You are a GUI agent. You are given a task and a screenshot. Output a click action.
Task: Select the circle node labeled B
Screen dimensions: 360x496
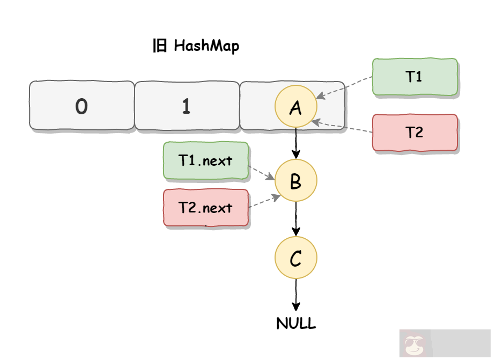pyautogui.click(x=295, y=181)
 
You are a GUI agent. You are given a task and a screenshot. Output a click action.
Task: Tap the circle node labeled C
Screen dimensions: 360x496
pyautogui.click(x=295, y=259)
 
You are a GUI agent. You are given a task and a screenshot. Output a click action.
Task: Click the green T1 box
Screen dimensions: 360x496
pyautogui.click(x=414, y=77)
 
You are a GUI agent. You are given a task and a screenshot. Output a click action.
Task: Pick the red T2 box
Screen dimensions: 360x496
pyautogui.click(x=414, y=132)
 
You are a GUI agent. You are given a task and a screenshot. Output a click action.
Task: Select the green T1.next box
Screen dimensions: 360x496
pyautogui.click(x=205, y=160)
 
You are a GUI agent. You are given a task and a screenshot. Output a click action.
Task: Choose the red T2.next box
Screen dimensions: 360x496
pyautogui.click(x=205, y=208)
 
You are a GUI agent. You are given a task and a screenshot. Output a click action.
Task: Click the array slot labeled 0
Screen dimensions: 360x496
pyautogui.click(x=82, y=106)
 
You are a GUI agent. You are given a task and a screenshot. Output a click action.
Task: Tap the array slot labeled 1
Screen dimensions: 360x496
pyautogui.click(x=186, y=106)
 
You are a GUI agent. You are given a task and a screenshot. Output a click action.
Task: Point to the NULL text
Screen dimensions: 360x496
pyautogui.click(x=296, y=324)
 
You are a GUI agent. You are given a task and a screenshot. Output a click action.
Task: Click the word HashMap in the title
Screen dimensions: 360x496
pyautogui.click(x=206, y=46)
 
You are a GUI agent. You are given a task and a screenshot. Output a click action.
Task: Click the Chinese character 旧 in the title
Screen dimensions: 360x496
pyautogui.click(x=160, y=46)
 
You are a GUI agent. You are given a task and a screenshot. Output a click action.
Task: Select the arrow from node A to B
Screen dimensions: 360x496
pyautogui.click(x=295, y=143)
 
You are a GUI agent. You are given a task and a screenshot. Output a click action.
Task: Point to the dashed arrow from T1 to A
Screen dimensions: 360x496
pyautogui.click(x=344, y=87)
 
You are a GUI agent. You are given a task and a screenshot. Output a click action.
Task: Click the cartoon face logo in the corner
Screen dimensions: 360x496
pyautogui.click(x=413, y=345)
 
